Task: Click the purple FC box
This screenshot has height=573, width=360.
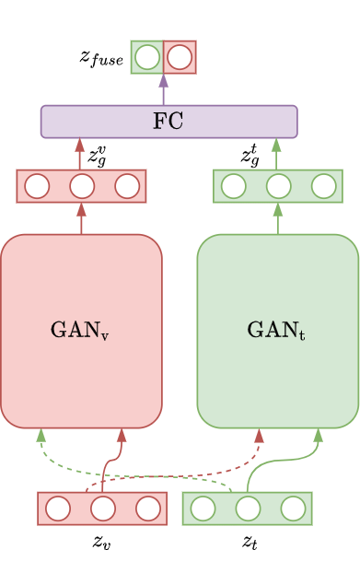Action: click(168, 122)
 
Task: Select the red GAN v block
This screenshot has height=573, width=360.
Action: click(81, 331)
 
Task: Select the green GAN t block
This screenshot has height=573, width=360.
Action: click(277, 331)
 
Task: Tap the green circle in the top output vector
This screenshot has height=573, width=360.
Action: click(147, 58)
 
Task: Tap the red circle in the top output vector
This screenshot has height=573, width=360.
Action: click(180, 58)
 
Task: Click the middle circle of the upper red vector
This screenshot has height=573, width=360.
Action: click(82, 186)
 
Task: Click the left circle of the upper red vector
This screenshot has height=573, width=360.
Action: click(37, 186)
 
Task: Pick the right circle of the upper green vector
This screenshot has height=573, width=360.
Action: click(323, 186)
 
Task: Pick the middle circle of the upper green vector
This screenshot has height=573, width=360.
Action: click(278, 186)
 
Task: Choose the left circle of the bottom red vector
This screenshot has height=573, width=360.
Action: click(58, 509)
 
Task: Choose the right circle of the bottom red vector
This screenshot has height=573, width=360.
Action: click(148, 509)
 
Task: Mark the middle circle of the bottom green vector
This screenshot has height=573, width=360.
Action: click(248, 509)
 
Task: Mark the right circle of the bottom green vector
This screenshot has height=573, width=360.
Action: click(293, 509)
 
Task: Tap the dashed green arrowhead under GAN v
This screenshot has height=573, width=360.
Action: click(41, 435)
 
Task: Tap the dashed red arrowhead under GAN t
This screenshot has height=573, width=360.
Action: click(259, 435)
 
